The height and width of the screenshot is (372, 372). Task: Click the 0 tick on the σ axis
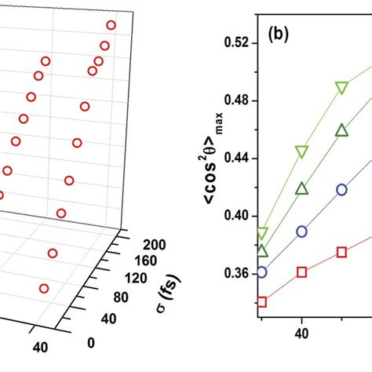pos(93,342)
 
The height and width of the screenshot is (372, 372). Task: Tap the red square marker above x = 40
pos(302,272)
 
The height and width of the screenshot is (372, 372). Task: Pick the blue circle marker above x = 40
pos(302,232)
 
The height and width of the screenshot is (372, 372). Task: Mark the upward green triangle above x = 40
pos(302,188)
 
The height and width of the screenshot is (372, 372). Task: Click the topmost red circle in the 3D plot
pos(111,26)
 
